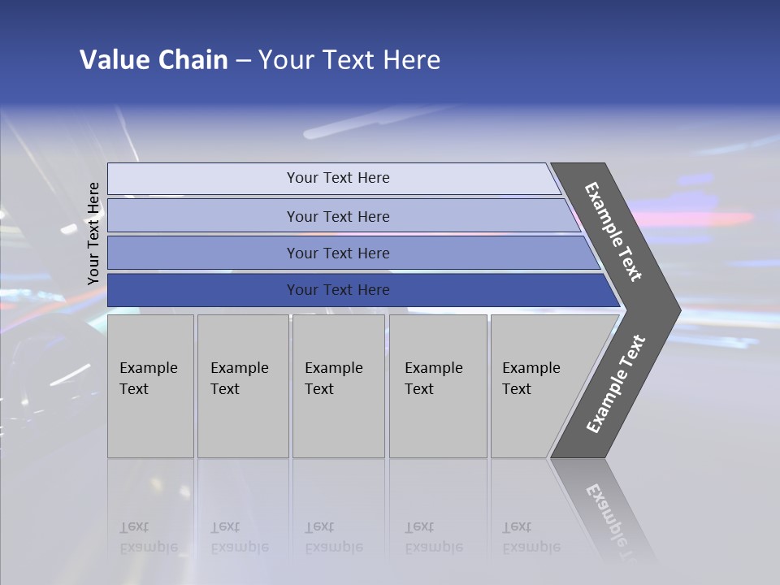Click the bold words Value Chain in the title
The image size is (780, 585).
pyautogui.click(x=154, y=60)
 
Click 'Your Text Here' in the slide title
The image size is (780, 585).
pyautogui.click(x=349, y=60)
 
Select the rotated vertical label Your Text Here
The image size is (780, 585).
pyautogui.click(x=93, y=233)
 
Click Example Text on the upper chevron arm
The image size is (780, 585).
pyautogui.click(x=613, y=232)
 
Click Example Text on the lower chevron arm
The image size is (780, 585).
pyautogui.click(x=616, y=383)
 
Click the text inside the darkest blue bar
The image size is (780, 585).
pyautogui.click(x=338, y=290)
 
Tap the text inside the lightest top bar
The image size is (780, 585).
pyautogui.click(x=338, y=178)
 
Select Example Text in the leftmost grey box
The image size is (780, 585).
pyautogui.click(x=148, y=378)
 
